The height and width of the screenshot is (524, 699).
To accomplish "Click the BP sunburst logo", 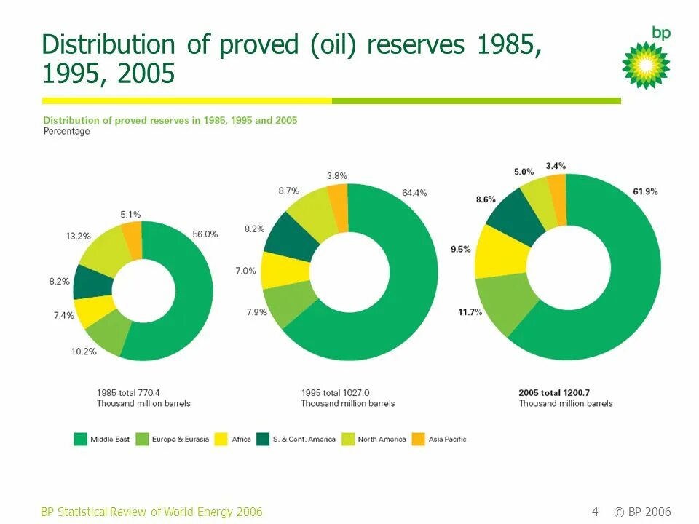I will point(646,64).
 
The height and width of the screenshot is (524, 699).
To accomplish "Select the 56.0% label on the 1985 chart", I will point(205,234).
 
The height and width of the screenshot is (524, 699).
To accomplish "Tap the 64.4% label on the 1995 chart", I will point(414,193).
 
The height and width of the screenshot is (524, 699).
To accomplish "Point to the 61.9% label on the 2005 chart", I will point(645,191).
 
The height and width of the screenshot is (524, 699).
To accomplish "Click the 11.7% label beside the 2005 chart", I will point(470,311).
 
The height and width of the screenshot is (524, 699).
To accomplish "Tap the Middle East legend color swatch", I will point(81,439).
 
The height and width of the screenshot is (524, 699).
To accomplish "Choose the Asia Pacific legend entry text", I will point(447,439).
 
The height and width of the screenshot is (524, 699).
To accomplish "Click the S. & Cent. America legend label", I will point(304,439).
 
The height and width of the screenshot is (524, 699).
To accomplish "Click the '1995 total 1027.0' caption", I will point(340,392).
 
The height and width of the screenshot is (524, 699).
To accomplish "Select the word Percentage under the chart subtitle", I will point(67,132).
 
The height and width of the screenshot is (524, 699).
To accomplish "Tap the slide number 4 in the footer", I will point(595,512).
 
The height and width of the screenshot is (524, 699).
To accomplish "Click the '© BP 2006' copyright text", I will point(642,512).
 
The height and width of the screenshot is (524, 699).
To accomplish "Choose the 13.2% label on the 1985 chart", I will point(79,236).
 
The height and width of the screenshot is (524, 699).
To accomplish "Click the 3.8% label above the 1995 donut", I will point(337,175).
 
